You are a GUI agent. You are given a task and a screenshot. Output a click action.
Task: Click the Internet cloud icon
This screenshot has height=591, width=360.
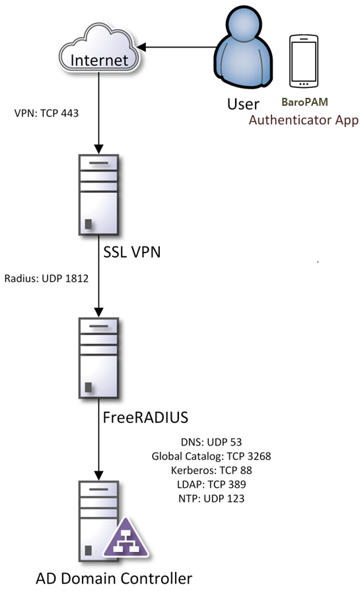(x=100, y=48)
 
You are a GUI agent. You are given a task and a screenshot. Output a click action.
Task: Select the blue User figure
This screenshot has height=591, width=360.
(x=243, y=47)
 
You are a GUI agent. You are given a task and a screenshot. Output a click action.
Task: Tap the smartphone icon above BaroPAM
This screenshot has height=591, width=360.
(x=303, y=61)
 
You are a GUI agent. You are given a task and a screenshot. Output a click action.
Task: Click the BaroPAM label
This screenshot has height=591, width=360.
(x=305, y=102)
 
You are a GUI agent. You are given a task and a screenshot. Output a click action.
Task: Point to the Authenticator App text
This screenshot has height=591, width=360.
(x=303, y=120)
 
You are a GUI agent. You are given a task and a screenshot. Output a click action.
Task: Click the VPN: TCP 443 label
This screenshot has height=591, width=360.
(x=46, y=113)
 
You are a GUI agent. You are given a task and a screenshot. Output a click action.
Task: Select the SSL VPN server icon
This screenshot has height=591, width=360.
(x=98, y=194)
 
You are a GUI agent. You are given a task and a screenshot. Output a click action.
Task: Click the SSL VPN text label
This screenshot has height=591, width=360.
(x=132, y=252)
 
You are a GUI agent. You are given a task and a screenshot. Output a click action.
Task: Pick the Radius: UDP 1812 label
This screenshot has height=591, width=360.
(x=46, y=278)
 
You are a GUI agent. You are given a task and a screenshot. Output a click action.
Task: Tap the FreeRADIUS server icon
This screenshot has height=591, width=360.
(x=98, y=358)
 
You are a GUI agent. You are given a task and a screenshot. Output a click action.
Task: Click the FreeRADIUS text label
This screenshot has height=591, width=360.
(x=145, y=417)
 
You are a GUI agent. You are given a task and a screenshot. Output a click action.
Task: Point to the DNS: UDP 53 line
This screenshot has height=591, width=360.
(x=211, y=442)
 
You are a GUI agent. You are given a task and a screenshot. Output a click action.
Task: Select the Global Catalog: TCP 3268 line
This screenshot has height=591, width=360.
(x=211, y=456)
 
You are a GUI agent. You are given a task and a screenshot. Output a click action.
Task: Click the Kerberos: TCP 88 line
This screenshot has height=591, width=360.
(x=211, y=471)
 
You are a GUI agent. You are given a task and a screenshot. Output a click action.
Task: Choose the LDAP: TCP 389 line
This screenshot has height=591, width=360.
(x=211, y=485)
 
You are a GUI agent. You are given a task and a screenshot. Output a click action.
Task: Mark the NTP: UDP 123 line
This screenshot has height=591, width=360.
(x=211, y=498)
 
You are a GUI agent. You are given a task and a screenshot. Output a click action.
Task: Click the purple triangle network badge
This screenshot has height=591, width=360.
(x=126, y=539)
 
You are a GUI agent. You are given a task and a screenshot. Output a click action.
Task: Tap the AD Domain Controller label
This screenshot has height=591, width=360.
(x=114, y=578)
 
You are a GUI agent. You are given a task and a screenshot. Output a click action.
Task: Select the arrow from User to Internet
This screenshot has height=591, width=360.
(x=177, y=48)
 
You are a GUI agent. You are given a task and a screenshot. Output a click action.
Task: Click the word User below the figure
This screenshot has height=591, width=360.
(x=243, y=104)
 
